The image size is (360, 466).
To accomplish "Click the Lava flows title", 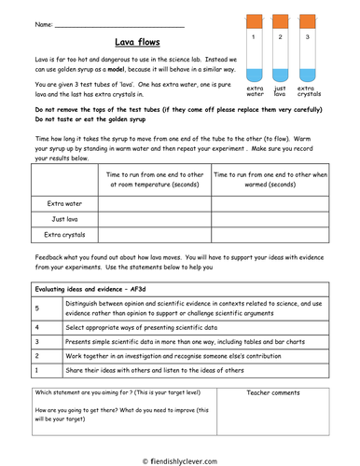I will (132, 42).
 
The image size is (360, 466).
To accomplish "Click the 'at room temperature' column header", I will (155, 179).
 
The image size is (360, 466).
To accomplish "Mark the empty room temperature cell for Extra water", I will (155, 201).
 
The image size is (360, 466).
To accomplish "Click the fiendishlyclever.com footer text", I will (183, 459).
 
